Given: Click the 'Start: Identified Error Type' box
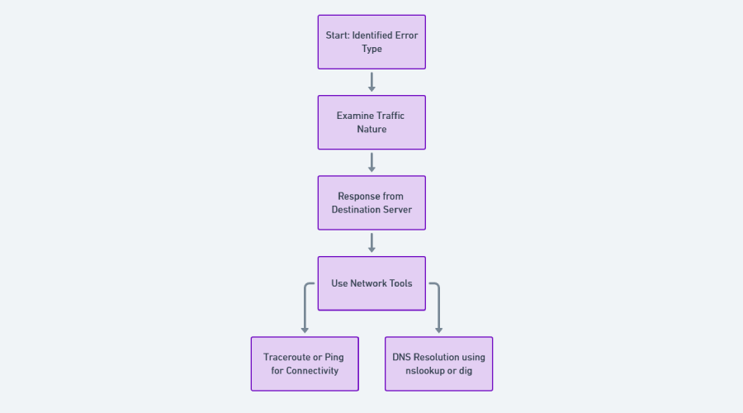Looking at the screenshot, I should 371,42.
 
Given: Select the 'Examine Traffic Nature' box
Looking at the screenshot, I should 371,122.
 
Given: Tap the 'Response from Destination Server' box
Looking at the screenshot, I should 371,202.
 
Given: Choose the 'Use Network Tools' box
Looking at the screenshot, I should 371,283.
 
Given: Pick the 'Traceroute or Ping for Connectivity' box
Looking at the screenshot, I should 305,363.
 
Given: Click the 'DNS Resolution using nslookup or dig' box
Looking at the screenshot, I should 438,363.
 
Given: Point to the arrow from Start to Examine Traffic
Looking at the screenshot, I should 371,82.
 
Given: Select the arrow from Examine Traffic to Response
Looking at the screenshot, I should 371,162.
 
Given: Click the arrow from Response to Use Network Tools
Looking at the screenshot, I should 371,242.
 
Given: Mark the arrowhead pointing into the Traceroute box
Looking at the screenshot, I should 305,330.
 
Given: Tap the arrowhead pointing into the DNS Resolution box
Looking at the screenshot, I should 438,330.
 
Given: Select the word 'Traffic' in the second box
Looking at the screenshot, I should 390,116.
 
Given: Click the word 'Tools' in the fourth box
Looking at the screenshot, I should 400,283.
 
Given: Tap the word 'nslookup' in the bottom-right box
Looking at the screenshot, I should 425,371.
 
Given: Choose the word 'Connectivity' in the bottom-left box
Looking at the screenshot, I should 313,371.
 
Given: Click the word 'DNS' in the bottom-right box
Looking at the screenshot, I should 401,357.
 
